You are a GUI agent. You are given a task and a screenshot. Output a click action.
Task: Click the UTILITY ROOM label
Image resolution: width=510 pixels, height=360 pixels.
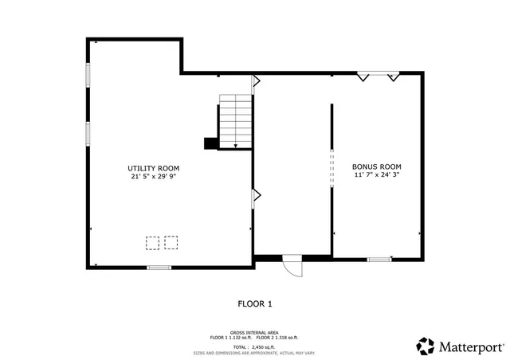click(153, 168)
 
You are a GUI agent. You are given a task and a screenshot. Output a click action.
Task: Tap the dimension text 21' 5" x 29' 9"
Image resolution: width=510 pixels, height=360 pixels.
click(153, 177)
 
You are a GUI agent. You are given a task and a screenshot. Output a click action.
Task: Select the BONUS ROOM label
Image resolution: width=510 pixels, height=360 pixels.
click(375, 168)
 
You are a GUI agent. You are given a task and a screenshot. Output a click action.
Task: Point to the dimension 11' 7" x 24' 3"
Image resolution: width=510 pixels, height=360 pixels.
click(375, 176)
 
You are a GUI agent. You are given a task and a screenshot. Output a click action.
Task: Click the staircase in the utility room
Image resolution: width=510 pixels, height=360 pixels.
click(236, 121)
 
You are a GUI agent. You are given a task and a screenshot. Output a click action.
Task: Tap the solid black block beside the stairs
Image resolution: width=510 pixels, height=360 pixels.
click(210, 143)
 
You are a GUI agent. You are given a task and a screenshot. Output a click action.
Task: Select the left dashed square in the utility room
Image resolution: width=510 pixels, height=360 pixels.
click(152, 242)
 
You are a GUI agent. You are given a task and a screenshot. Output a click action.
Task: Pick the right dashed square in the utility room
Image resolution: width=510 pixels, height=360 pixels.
click(171, 242)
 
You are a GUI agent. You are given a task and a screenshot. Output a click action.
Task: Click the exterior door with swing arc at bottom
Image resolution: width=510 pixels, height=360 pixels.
click(292, 265)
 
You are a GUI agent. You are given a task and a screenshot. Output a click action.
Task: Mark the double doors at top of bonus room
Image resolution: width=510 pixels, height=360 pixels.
click(378, 76)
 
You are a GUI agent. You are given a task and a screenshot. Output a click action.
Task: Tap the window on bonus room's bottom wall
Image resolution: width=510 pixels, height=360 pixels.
click(379, 258)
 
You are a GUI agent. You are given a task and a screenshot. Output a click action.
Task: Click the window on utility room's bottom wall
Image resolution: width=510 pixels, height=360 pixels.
click(159, 267)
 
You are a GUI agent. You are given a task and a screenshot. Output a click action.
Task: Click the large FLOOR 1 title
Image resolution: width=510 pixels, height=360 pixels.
click(255, 303)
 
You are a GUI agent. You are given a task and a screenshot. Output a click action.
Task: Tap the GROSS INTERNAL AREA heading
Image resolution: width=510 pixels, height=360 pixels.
click(254, 333)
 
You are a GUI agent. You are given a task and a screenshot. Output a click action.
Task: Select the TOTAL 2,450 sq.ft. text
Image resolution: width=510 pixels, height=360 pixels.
click(254, 346)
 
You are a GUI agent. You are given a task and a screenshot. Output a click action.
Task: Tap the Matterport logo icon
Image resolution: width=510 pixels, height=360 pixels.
click(426, 346)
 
